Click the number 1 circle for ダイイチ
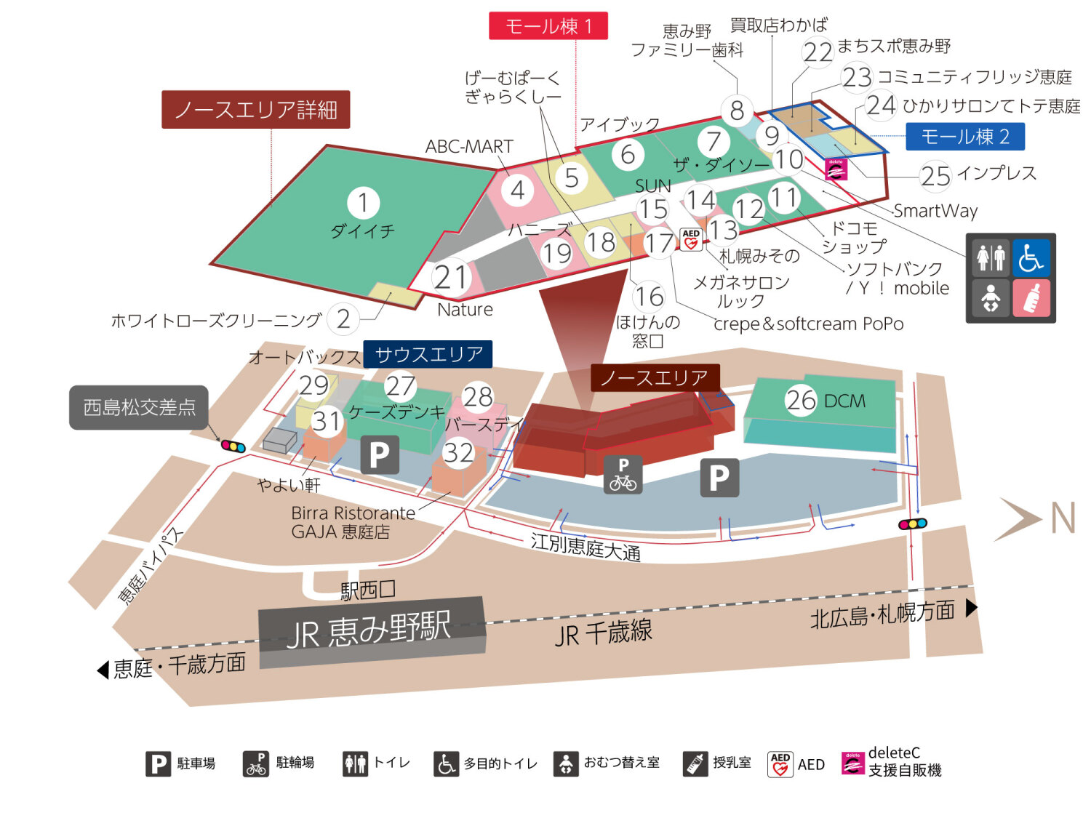click(x=363, y=203)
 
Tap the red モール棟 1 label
click(x=548, y=26)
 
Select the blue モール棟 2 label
click(x=964, y=137)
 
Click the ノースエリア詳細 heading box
click(x=255, y=110)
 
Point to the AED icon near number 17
click(x=691, y=239)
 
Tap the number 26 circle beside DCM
click(x=801, y=400)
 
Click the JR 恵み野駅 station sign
click(x=371, y=630)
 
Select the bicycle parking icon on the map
click(x=623, y=474)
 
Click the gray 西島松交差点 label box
click(x=139, y=407)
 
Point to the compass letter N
click(x=1063, y=518)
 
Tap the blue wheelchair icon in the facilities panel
click(x=1031, y=258)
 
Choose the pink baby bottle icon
click(x=1031, y=298)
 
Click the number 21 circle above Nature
click(x=450, y=278)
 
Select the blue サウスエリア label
click(x=428, y=355)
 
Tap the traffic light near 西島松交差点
click(x=233, y=446)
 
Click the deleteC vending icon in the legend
click(x=852, y=763)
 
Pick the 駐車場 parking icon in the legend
click(x=158, y=763)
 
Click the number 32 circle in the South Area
click(x=459, y=453)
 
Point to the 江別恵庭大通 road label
click(x=586, y=547)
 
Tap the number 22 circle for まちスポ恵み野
click(x=818, y=52)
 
